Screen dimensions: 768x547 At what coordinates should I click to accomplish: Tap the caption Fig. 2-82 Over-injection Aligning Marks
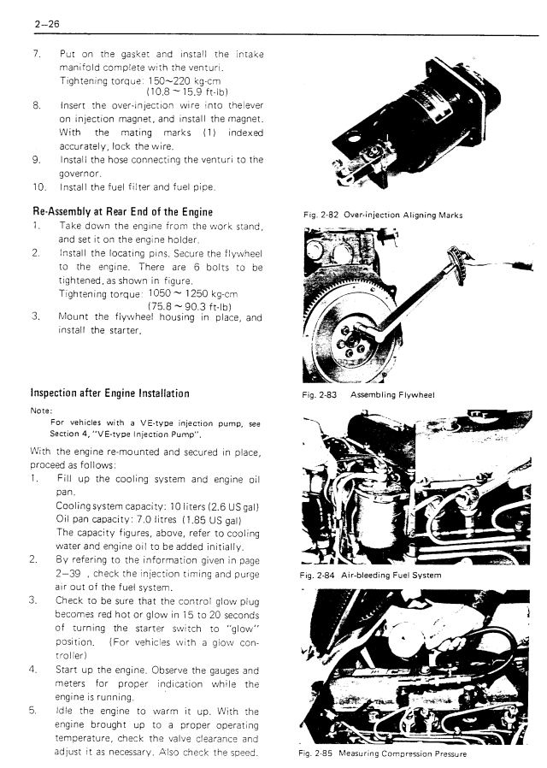coord(382,215)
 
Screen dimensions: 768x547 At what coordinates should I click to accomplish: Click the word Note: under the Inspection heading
coord(41,409)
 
